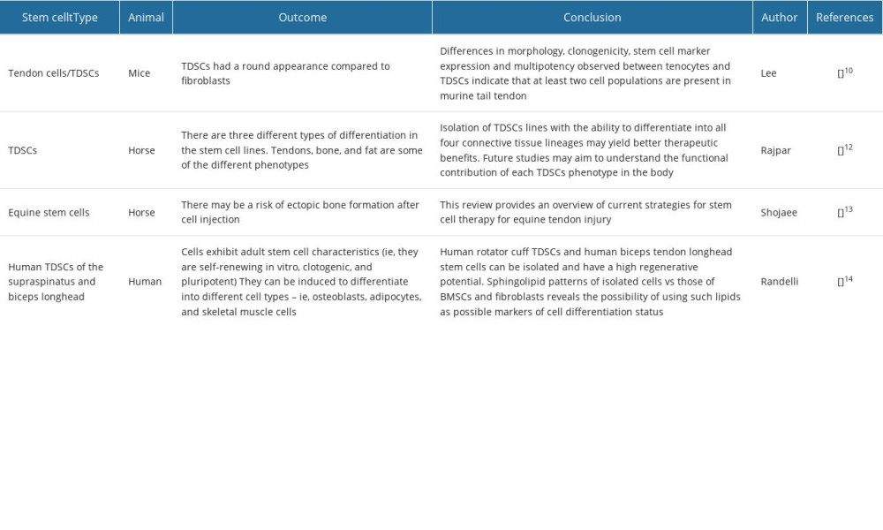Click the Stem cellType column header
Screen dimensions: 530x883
coord(60,18)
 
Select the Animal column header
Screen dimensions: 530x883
coord(146,18)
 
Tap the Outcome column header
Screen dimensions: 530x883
coord(302,18)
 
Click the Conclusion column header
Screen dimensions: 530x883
coord(592,18)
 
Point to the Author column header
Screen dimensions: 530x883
coord(780,18)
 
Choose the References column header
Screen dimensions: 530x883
coord(845,18)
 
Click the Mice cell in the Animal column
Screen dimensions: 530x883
coord(140,73)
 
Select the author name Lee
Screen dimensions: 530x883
coord(769,73)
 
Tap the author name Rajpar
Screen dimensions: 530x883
coord(775,150)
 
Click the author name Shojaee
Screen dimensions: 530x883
coord(779,212)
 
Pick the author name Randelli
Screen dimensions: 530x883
coord(780,282)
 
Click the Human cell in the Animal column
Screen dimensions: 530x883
coord(145,282)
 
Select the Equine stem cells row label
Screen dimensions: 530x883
coord(49,212)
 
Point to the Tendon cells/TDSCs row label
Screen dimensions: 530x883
coord(54,73)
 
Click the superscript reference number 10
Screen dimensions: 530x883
coord(849,71)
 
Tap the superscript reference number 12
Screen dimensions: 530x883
coord(849,148)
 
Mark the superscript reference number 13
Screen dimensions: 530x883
coord(849,209)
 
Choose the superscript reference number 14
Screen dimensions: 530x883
coord(849,279)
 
